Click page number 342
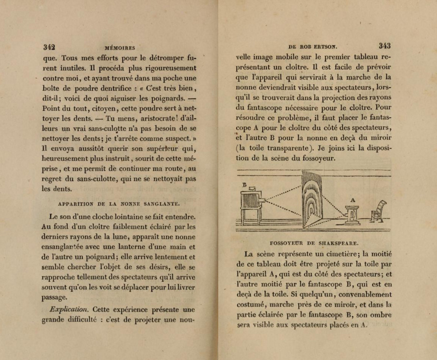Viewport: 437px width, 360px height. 49,47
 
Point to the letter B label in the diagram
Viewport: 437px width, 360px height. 245,185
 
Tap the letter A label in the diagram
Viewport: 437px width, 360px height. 352,200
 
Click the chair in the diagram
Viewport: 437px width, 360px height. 377,211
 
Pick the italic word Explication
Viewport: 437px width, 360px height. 69,309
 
